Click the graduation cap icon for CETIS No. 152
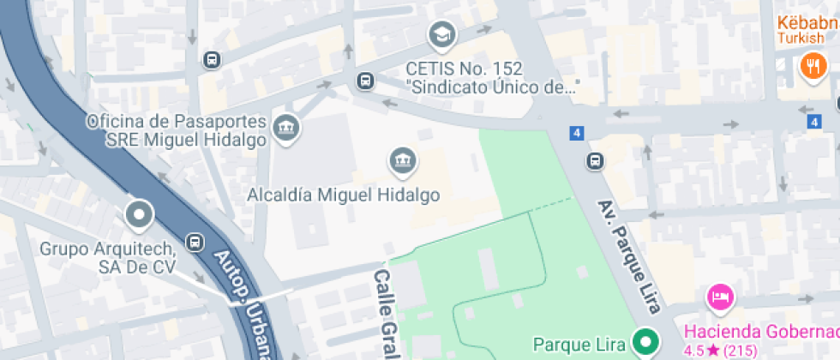click(442, 35)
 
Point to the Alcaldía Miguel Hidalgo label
click(343, 195)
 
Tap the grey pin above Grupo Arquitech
click(138, 214)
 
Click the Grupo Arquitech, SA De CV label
click(108, 257)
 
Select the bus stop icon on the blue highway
click(196, 243)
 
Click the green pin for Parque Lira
click(646, 343)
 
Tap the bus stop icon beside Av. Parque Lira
click(594, 160)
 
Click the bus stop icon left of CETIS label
click(366, 81)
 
